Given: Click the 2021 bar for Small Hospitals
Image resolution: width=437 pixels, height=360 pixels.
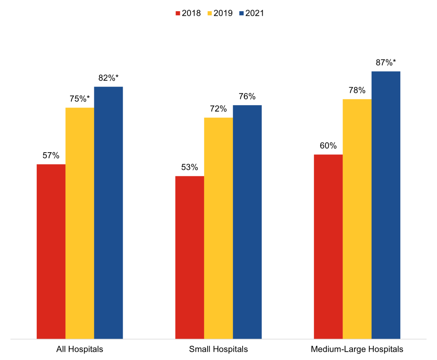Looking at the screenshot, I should pos(247,222).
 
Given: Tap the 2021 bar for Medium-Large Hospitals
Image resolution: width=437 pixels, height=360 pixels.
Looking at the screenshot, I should pos(386,205).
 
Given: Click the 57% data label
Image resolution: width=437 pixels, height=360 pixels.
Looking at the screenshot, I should pos(51,156).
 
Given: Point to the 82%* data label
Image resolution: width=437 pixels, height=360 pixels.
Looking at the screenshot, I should pos(109,78).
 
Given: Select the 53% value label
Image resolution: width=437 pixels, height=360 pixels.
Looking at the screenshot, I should pos(190,168).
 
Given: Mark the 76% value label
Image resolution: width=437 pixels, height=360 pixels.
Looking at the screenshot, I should pos(247,97).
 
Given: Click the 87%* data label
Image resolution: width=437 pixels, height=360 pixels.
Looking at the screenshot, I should pos(386,62).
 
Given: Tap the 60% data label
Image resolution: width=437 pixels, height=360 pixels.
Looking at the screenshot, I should pos(328,146).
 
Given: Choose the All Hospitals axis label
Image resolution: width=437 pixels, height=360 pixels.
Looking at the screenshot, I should pos(80,349).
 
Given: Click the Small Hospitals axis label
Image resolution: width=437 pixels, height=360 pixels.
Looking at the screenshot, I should pos(218,349).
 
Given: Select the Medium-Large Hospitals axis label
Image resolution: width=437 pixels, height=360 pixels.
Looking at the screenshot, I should pos(357,349).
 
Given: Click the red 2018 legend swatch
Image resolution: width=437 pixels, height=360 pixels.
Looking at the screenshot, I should pos(178,13).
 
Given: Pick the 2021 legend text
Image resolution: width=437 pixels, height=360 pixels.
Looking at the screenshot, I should pos(255,13).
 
